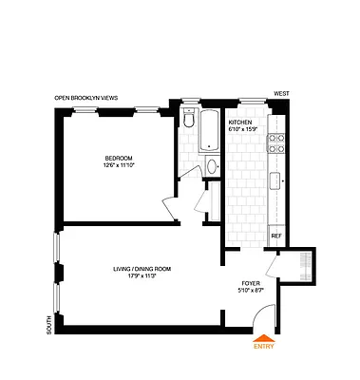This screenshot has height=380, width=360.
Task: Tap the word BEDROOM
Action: click(119, 157)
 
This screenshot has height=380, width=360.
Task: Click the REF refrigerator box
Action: click(276, 235)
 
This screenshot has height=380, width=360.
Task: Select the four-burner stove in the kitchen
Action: click(277, 143)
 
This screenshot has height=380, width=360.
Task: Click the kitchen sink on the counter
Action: click(277, 180)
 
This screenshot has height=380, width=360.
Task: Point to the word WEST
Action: click(280, 93)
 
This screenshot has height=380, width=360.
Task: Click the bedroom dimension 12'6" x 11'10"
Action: click(119, 166)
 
